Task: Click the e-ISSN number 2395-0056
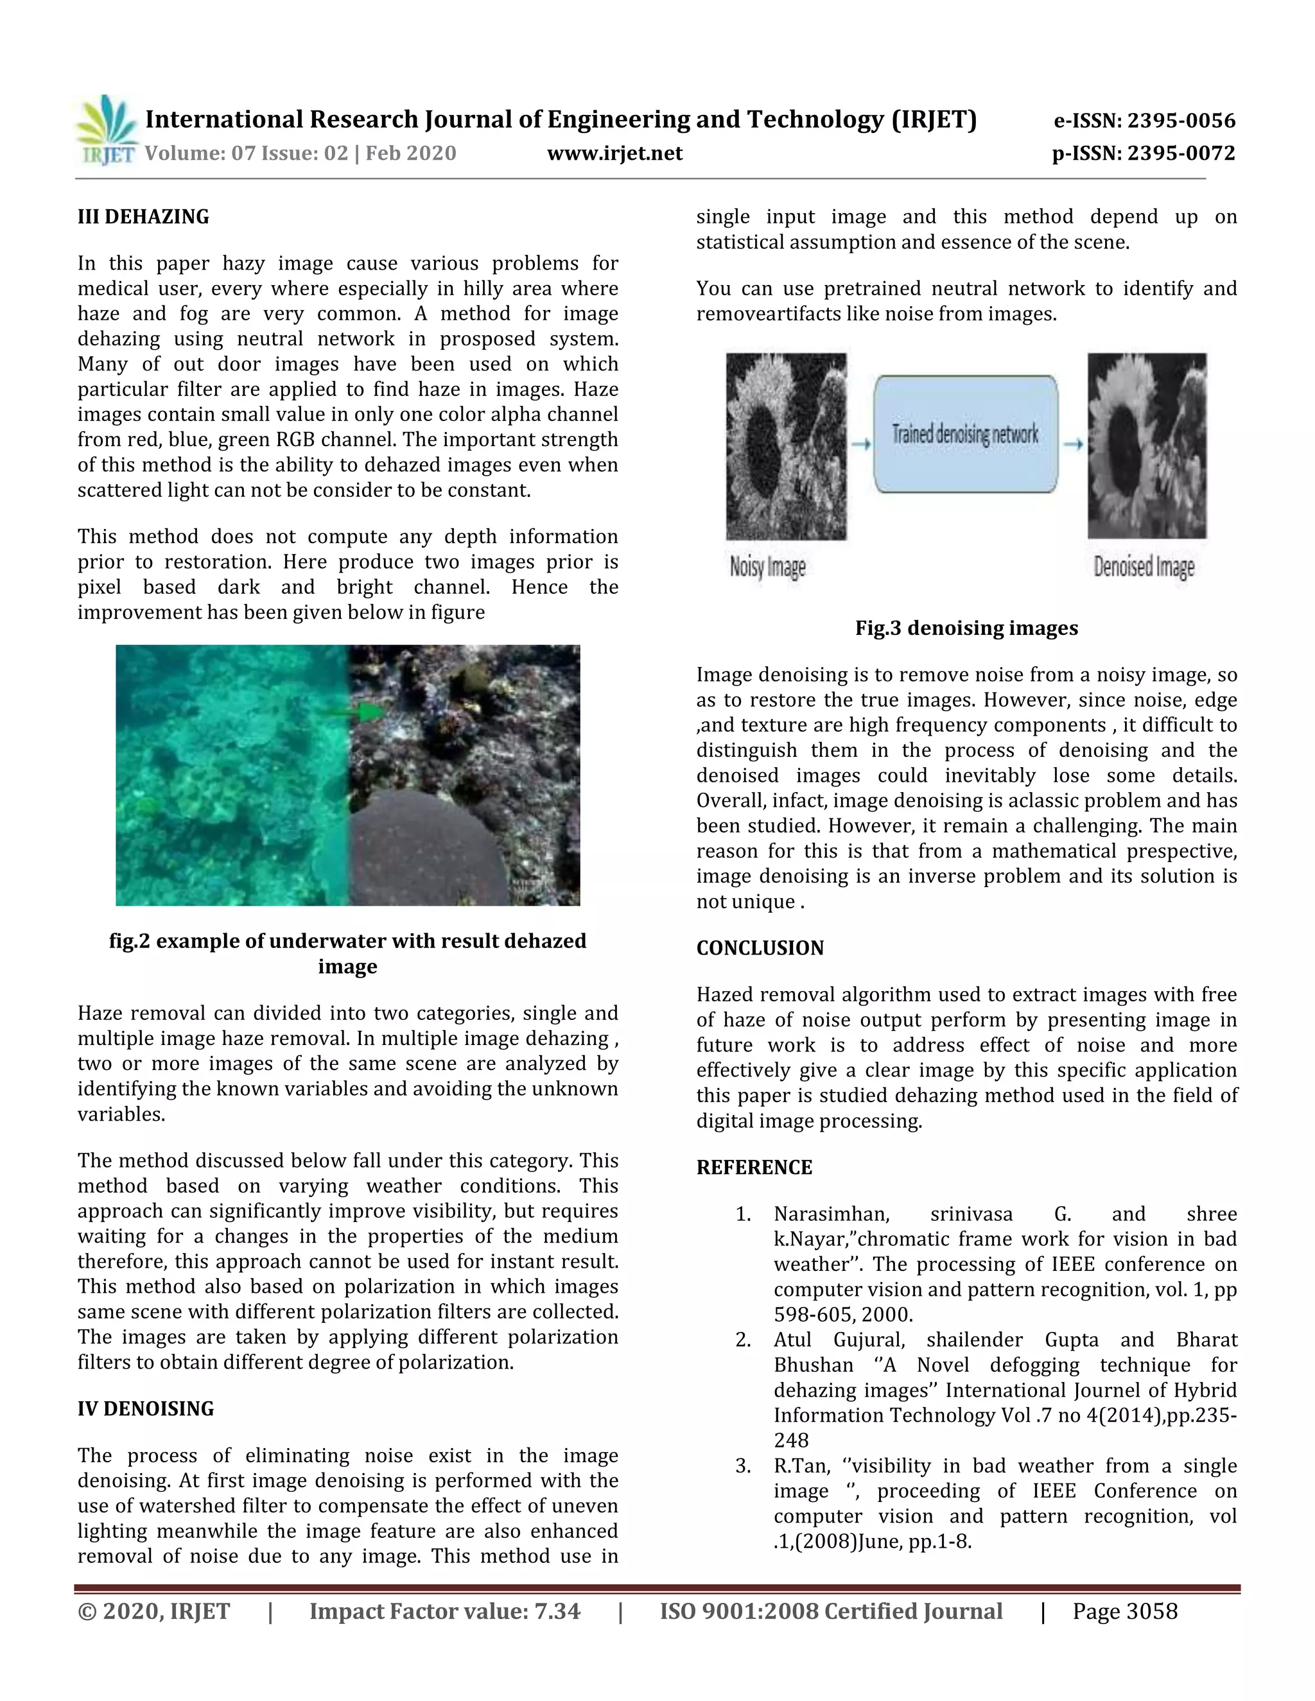[x=1144, y=121]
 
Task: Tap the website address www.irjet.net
[x=614, y=153]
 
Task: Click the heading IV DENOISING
[x=146, y=1408]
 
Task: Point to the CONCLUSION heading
[x=760, y=948]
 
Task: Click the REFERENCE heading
[x=754, y=1168]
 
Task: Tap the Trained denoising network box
[x=965, y=435]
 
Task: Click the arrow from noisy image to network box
[x=860, y=444]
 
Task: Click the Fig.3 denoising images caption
[x=966, y=628]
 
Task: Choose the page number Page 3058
[x=1125, y=1611]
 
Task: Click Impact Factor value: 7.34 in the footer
[x=445, y=1611]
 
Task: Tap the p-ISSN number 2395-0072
[x=1144, y=153]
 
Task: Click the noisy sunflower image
[x=786, y=446]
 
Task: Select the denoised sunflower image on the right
[x=1147, y=446]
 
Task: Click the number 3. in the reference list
[x=743, y=1466]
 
